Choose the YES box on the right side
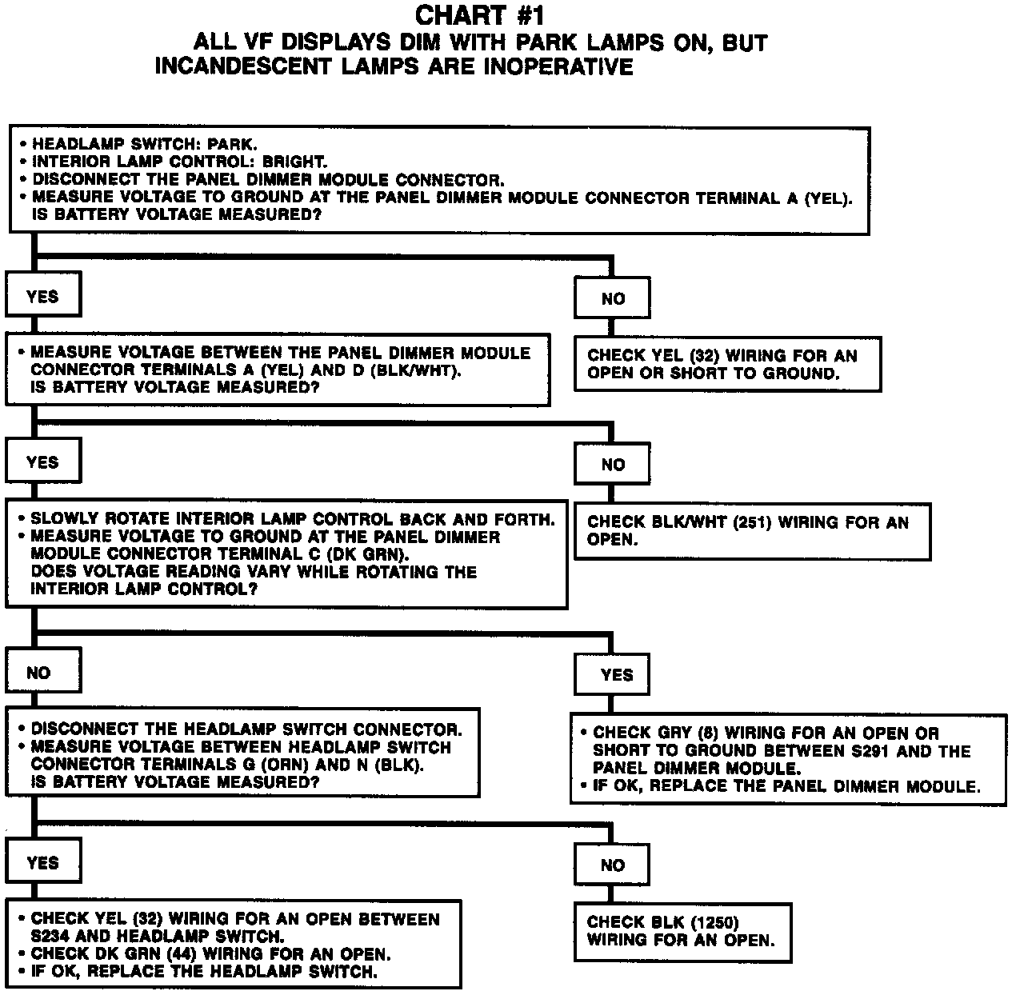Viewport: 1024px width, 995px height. pos(616,675)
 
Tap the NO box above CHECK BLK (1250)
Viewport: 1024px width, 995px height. pos(612,865)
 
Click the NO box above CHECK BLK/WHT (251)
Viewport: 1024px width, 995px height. pos(613,465)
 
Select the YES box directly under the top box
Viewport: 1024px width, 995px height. pos(42,297)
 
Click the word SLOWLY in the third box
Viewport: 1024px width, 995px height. pos(61,519)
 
